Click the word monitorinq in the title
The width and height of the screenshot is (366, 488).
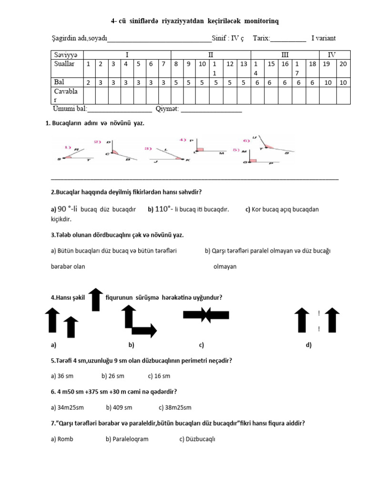point(262,21)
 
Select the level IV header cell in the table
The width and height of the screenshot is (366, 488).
point(331,55)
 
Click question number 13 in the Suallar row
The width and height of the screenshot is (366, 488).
point(244,64)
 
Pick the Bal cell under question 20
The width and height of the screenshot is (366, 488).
point(343,82)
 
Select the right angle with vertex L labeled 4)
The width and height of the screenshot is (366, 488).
point(205,147)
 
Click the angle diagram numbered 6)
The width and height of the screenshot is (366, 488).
point(269,145)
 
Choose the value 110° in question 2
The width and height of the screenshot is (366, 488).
point(163,209)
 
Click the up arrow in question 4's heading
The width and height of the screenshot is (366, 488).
point(96,299)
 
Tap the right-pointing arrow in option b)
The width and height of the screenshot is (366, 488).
point(144,330)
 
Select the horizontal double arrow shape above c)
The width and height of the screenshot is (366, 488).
point(206,315)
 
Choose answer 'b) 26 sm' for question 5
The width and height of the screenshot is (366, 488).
point(113,376)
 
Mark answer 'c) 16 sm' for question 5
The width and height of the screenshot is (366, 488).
point(159,376)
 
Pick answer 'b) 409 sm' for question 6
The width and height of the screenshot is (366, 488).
point(119,407)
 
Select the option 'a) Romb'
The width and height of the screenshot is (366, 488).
point(62,439)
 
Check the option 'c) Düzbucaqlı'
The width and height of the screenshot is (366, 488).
point(197,439)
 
